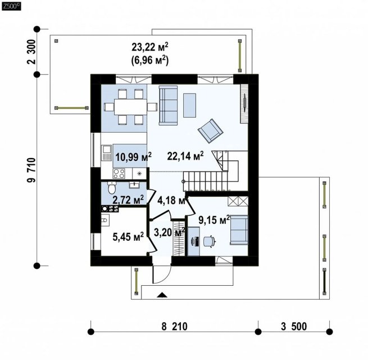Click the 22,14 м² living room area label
coord(185,156)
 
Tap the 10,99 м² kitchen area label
coord(133,157)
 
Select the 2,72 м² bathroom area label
coord(128,200)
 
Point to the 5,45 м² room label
coord(128,237)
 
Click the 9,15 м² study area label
coord(214,220)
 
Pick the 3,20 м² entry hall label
coord(170,232)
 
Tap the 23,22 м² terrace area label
coord(150,47)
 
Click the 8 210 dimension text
coord(174,326)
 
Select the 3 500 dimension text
coord(294,326)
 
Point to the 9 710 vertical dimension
coord(31,170)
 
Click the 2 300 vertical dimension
coord(31,52)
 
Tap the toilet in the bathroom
coord(112,187)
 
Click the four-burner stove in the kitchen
coord(119,174)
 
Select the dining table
coord(130,107)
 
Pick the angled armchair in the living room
coord(210,130)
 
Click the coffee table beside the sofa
coord(190,105)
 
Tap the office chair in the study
coord(209,241)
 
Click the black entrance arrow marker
coord(162,295)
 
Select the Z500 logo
coord(11,6)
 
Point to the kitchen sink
coord(107,153)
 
